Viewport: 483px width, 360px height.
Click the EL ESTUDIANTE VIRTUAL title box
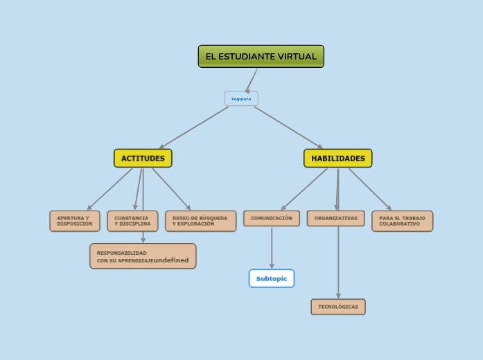pos(261,57)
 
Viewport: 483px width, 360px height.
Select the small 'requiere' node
pos(241,99)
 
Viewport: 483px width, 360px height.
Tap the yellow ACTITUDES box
pos(143,159)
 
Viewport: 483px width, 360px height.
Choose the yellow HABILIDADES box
pos(337,159)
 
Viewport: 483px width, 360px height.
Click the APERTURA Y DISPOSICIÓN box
pos(75,221)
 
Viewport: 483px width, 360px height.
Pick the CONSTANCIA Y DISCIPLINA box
pos(132,221)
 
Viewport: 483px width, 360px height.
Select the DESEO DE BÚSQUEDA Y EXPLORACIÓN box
pos(200,221)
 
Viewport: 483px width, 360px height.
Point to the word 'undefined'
pos(170,260)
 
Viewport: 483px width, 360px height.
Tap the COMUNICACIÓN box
pos(272,218)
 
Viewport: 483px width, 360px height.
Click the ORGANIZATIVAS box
pos(336,218)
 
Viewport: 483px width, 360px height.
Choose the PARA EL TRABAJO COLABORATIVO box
pos(402,221)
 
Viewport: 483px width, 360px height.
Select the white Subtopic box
pos(272,278)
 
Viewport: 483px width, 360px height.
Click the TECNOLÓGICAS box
pos(338,307)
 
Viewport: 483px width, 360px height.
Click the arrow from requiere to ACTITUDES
pos(194,127)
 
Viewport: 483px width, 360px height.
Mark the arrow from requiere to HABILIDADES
pos(288,127)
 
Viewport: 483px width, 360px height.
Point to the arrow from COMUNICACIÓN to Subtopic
pos(272,248)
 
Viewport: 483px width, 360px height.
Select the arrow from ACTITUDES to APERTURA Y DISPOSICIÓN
pos(109,189)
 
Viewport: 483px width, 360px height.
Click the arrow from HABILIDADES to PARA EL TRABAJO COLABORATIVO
pos(369,189)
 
